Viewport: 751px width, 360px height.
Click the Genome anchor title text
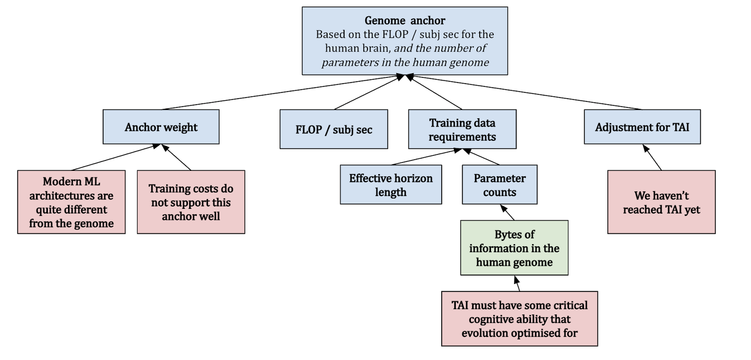point(405,21)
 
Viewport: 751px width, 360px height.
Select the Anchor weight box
point(161,127)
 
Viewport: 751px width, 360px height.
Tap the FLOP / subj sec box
point(334,130)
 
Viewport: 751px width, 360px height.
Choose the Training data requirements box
point(462,130)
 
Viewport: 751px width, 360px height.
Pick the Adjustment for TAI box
point(642,127)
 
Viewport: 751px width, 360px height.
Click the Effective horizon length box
point(391,184)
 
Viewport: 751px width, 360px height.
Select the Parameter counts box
point(499,184)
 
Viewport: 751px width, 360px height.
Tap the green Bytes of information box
point(514,248)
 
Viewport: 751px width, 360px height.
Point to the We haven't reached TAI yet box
point(661,202)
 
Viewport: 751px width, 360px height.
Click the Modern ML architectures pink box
point(71,202)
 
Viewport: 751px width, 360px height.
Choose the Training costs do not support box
point(191,202)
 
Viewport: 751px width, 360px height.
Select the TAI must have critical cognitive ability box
point(519,319)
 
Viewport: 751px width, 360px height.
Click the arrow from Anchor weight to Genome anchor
point(282,93)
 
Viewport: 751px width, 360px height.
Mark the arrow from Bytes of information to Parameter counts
point(507,212)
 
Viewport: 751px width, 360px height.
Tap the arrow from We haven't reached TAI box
point(652,157)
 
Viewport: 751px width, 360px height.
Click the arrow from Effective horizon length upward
point(425,157)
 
